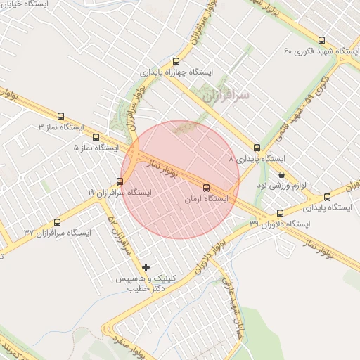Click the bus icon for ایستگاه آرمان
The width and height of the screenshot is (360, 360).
(206, 188)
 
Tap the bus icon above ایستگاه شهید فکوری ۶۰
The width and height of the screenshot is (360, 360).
(322, 40)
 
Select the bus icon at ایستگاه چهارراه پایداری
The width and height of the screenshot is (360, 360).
(176, 61)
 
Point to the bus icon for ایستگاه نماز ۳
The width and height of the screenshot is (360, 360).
(60, 116)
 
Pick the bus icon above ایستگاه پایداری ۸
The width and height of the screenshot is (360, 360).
(257, 148)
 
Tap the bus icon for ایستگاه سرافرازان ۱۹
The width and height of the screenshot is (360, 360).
(119, 182)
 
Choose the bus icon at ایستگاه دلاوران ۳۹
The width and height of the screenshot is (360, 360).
(280, 213)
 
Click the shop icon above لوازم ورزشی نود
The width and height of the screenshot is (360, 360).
(282, 174)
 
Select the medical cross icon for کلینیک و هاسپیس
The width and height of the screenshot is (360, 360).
(146, 267)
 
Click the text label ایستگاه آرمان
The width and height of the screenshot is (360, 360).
(207, 200)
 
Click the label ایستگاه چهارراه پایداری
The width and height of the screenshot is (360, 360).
(176, 72)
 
